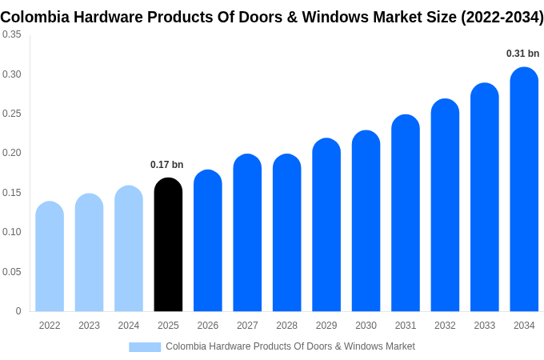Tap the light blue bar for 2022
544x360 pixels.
click(50, 257)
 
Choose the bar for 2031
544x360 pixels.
click(406, 214)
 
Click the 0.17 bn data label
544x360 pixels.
click(167, 165)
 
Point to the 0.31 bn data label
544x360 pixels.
click(522, 54)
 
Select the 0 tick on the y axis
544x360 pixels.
click(18, 311)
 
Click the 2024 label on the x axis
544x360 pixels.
click(129, 326)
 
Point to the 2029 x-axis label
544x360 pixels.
click(326, 326)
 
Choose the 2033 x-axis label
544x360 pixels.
click(485, 326)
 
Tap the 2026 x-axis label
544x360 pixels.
click(208, 326)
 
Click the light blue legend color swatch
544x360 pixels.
click(145, 346)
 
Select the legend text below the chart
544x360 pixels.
click(290, 346)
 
